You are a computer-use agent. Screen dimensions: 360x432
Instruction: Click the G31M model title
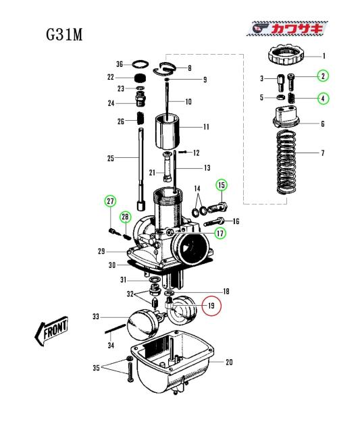pos(64,34)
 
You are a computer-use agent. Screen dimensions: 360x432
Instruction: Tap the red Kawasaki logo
pos(287,28)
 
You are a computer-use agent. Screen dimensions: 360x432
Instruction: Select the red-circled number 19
pos(211,306)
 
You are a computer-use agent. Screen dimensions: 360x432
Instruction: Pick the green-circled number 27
pos(110,201)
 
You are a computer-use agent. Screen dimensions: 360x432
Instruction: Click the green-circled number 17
pos(220,234)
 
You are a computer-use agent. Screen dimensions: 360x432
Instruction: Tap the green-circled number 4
pos(323,99)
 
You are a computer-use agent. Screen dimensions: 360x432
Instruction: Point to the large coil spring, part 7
pos(286,162)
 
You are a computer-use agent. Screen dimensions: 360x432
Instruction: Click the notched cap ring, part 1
pos(286,55)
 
